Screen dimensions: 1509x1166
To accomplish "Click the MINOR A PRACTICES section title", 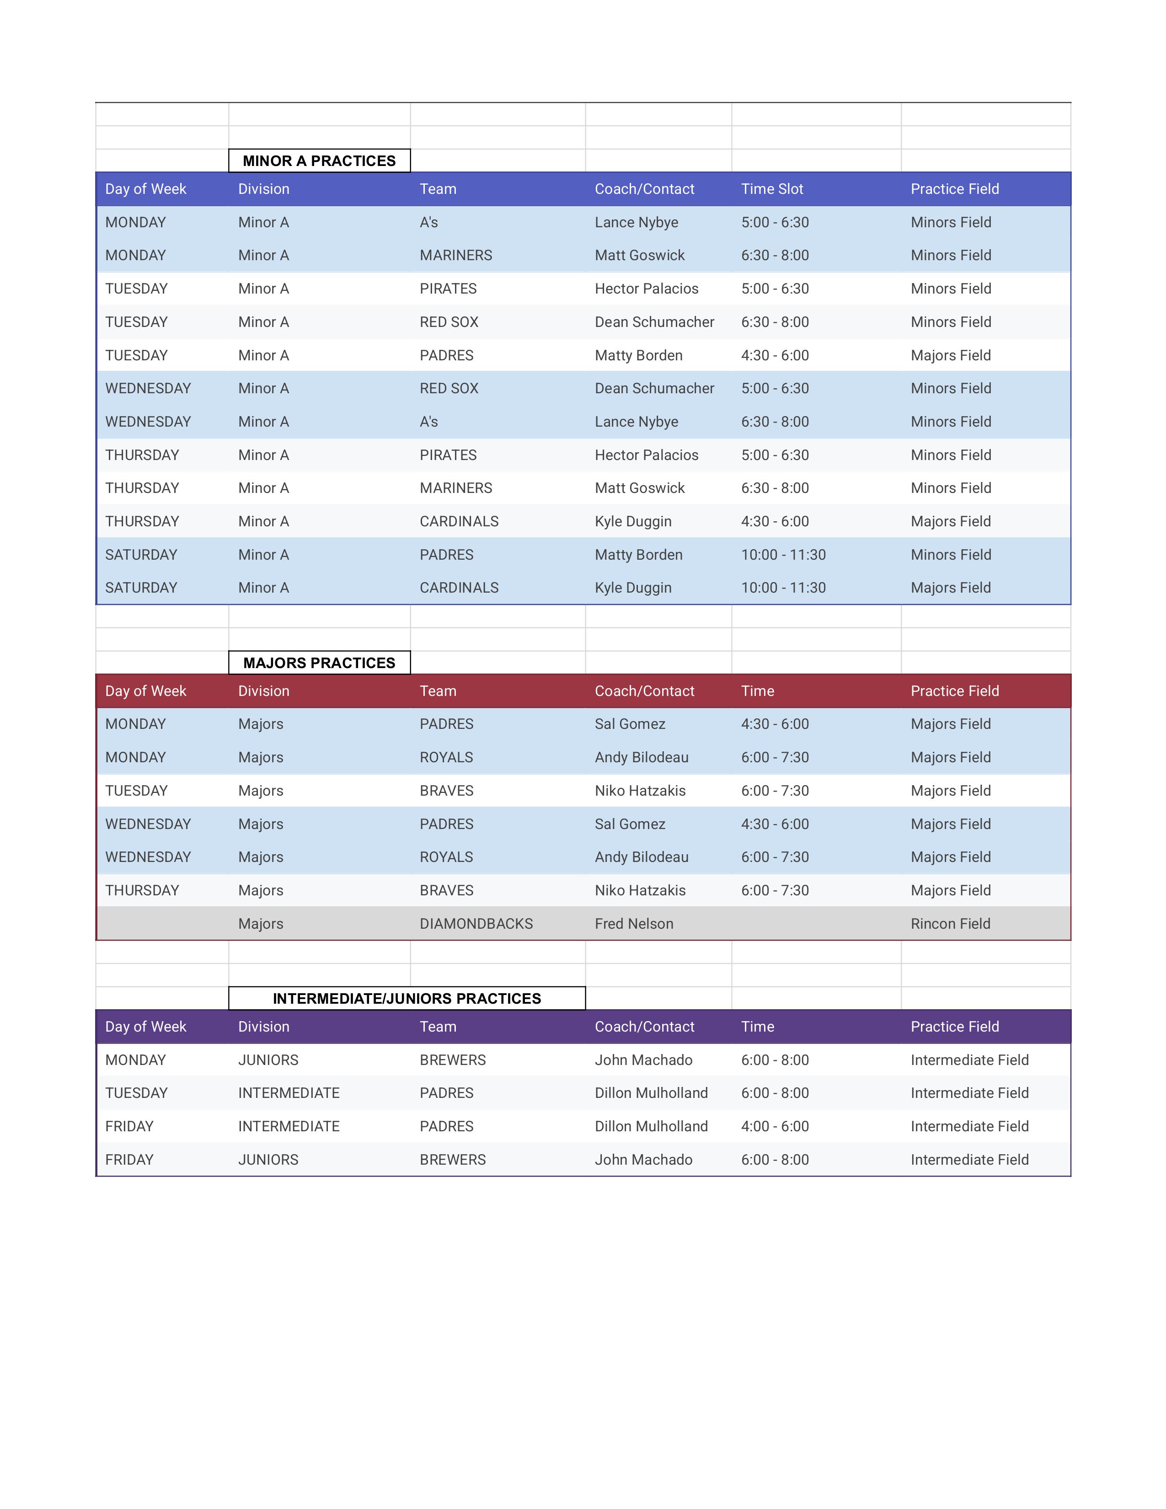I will [x=319, y=161].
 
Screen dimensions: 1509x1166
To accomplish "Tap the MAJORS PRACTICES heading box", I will [x=319, y=663].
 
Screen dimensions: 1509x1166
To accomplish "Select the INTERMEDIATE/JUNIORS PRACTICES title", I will [x=407, y=998].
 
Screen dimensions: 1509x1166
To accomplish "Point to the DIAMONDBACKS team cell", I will [x=476, y=924].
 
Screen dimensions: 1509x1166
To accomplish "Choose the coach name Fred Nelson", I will [x=633, y=924].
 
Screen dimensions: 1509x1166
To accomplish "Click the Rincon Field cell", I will [x=950, y=924].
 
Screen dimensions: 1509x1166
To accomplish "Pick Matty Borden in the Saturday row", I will [x=638, y=555].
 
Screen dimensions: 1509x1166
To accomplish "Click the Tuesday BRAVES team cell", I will [x=446, y=791].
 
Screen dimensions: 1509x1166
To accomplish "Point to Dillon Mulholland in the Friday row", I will [x=651, y=1126].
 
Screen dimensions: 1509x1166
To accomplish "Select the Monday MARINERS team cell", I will [x=456, y=256].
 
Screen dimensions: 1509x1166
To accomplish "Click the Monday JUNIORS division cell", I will [x=268, y=1060].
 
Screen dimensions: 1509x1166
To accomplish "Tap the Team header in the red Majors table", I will [x=438, y=691].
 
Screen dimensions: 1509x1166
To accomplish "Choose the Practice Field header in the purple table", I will [x=954, y=1027].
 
